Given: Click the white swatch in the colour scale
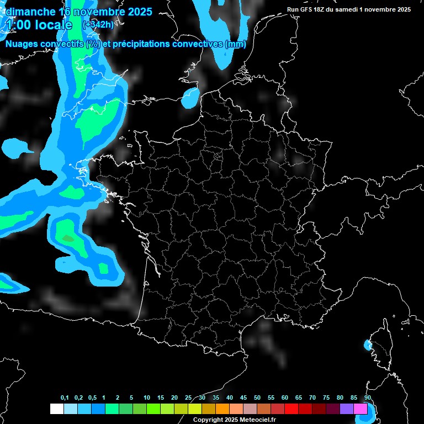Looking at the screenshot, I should [x=56, y=409].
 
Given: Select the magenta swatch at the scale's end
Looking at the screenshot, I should [x=361, y=409].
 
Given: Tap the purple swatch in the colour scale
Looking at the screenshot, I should [x=347, y=409].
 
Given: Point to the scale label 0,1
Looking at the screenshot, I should [x=65, y=398].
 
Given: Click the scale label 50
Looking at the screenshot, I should [x=257, y=398].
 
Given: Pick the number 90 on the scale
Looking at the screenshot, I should [x=368, y=398].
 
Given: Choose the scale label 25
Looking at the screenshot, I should [x=188, y=398].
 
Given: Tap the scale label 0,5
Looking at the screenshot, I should [x=92, y=398].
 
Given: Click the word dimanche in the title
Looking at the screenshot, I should [x=31, y=12].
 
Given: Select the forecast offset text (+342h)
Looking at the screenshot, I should [x=99, y=25].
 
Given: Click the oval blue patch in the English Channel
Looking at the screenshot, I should [x=190, y=97].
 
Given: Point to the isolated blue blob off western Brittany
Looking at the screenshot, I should [x=17, y=147].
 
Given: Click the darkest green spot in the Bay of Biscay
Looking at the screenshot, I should [x=67, y=239].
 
